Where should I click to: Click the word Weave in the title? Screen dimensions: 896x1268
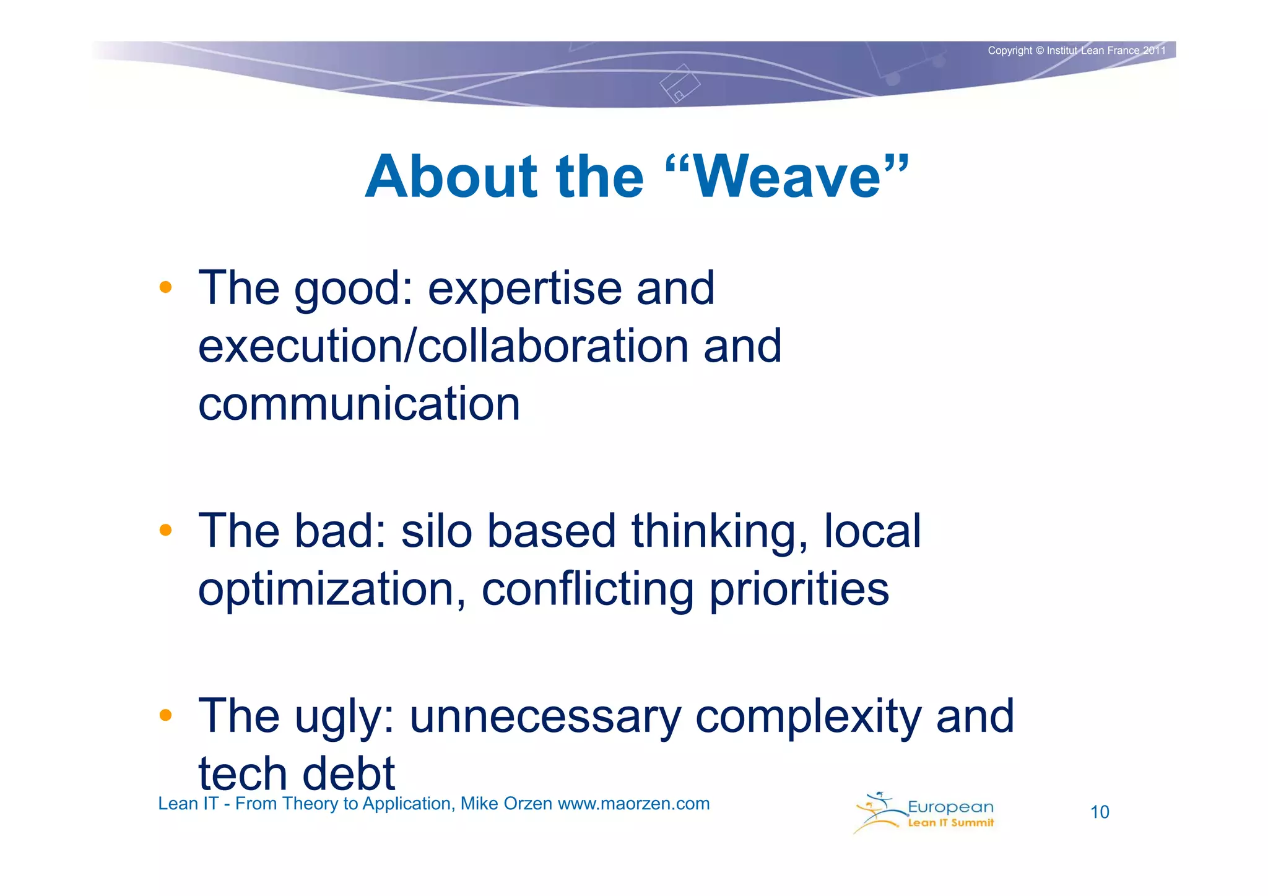coord(788,177)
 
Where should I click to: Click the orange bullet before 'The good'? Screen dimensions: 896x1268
coord(165,287)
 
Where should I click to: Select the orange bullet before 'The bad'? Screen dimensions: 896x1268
coord(165,530)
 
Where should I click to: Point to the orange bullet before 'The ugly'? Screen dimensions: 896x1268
coord(165,715)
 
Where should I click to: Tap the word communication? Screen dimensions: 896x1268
coord(359,404)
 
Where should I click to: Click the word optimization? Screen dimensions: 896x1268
coord(332,589)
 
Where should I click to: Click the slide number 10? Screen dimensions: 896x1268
coord(1100,812)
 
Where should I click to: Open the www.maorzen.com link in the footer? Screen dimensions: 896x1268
coord(633,804)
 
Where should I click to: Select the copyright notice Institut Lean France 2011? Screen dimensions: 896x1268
coord(1076,51)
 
